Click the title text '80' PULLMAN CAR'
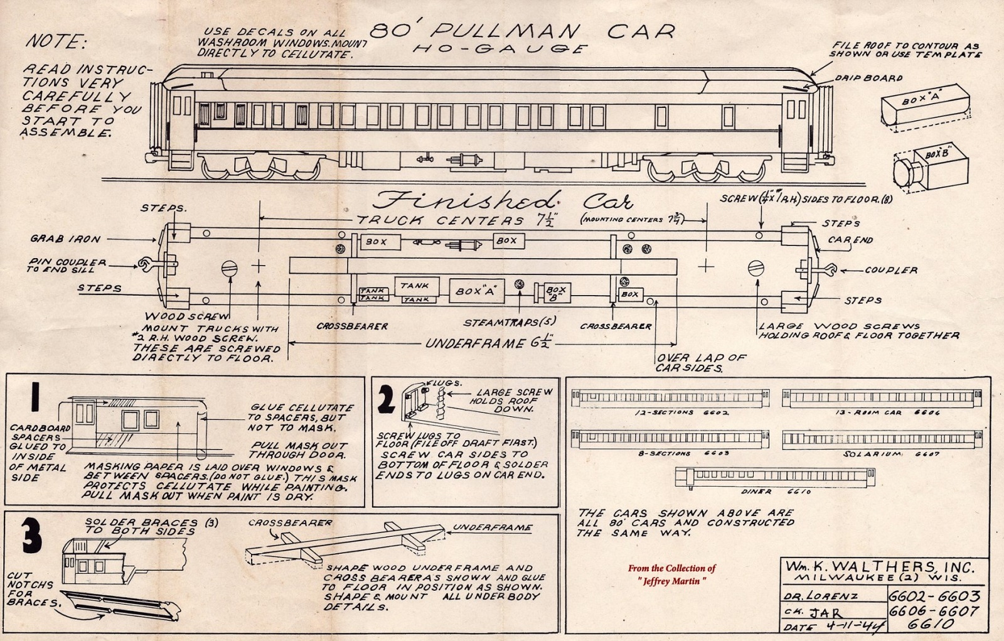[522, 31]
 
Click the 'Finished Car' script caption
[502, 202]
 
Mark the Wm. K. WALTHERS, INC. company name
[880, 568]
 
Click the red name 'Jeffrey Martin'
[671, 581]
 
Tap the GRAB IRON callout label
[65, 239]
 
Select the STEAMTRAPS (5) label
[509, 323]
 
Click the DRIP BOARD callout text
[868, 78]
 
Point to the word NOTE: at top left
[56, 42]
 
